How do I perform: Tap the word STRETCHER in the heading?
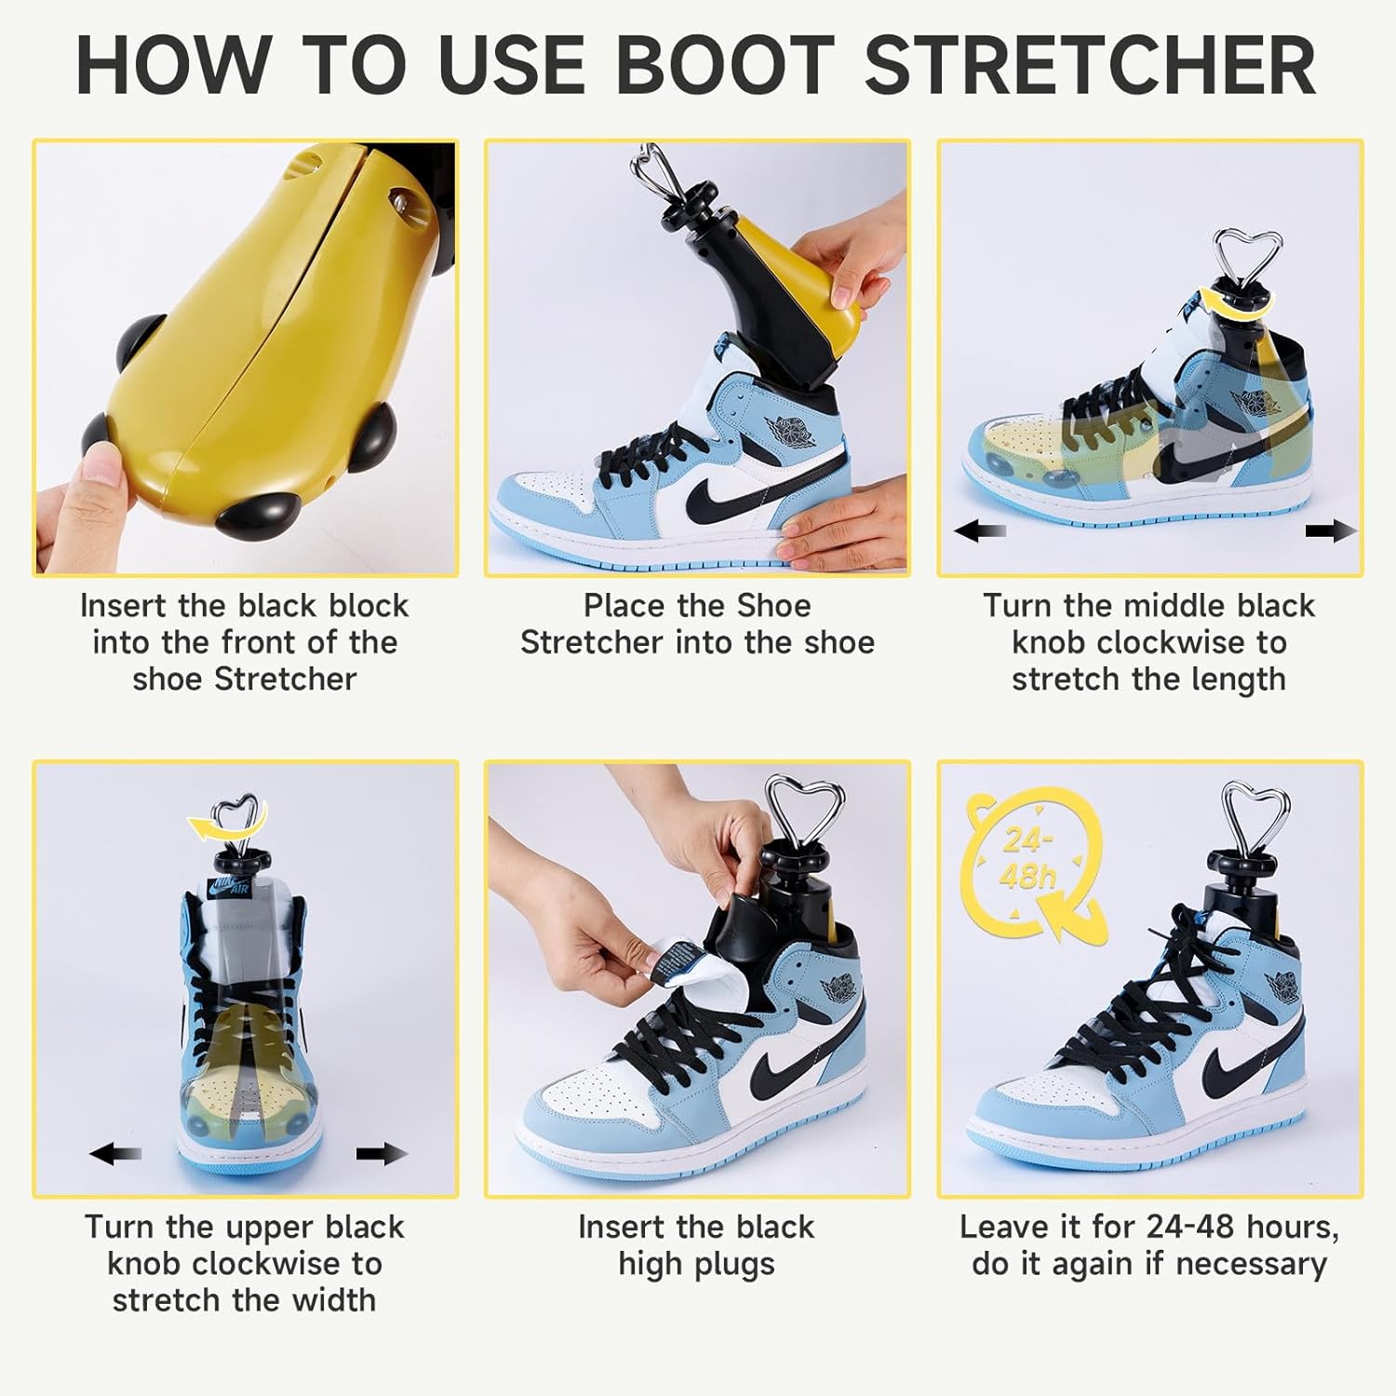pyautogui.click(x=1090, y=65)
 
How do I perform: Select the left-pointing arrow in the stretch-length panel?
pyautogui.click(x=979, y=531)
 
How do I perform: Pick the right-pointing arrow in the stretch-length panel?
pyautogui.click(x=1331, y=531)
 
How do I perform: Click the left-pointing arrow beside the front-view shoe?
pyautogui.click(x=115, y=1154)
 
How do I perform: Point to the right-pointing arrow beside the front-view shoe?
pyautogui.click(x=382, y=1154)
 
